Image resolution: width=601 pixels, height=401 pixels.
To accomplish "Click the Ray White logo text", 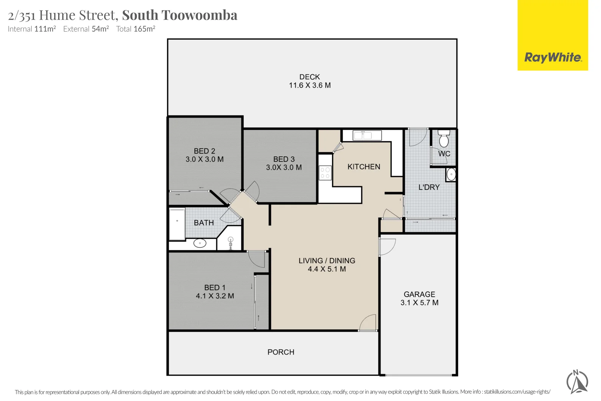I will click(x=553, y=58).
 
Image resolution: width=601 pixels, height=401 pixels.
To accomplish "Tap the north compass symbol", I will click(x=577, y=382).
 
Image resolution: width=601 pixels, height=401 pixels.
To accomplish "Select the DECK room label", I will click(x=309, y=77).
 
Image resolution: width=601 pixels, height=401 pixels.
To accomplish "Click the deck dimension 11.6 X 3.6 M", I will click(x=310, y=85).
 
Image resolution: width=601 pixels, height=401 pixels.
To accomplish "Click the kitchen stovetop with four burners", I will click(x=325, y=173).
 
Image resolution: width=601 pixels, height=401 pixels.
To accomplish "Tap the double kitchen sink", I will click(x=362, y=136).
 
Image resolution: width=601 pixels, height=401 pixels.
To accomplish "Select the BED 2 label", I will click(x=204, y=151).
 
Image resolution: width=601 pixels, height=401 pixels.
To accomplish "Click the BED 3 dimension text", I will click(x=284, y=167).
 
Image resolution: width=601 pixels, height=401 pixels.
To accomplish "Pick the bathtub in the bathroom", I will click(x=177, y=224).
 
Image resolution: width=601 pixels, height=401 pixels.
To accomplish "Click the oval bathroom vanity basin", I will click(x=200, y=244).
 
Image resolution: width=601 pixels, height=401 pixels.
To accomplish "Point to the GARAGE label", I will click(x=419, y=294).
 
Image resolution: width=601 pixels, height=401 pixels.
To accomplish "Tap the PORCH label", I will click(x=281, y=352).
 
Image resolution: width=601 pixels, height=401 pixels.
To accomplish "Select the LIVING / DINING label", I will click(x=327, y=261).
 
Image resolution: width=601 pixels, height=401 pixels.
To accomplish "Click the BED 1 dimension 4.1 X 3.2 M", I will click(x=215, y=296).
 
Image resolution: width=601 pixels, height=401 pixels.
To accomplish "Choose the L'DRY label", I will click(x=429, y=187).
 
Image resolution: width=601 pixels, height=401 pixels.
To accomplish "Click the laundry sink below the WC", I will click(x=451, y=174).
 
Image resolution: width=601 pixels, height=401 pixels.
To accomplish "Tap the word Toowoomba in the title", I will click(x=200, y=15).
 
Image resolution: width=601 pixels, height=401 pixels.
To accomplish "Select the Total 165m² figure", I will click(x=135, y=29).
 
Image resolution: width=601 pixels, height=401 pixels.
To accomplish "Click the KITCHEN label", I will click(x=364, y=167).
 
